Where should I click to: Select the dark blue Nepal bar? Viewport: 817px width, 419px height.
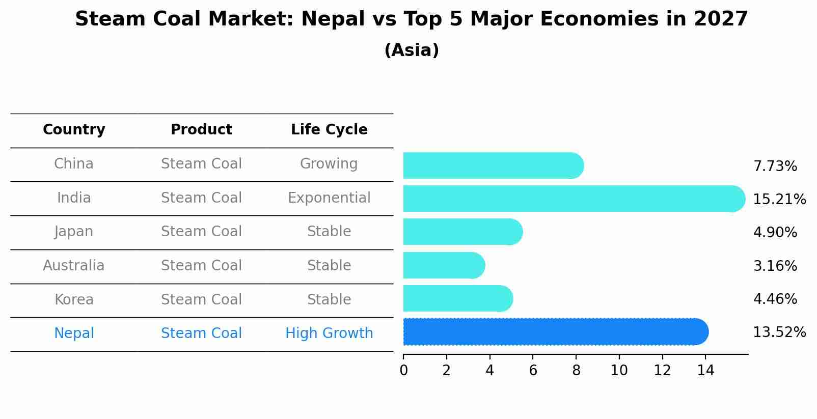[x=555, y=332]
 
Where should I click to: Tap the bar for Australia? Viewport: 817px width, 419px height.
[x=444, y=265]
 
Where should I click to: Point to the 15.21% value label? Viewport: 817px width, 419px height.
[x=779, y=200]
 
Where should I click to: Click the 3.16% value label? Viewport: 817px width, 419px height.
[x=775, y=266]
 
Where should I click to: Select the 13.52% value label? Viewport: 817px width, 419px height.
[x=779, y=332]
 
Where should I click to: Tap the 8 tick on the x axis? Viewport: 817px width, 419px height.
[x=576, y=371]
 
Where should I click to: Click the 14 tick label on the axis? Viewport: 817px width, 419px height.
[x=705, y=371]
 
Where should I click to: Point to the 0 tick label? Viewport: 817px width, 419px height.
[x=404, y=371]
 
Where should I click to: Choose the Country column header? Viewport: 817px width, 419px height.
[x=74, y=130]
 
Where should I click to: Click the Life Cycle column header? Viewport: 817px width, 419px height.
[x=329, y=130]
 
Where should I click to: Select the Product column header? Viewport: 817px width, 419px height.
[x=201, y=130]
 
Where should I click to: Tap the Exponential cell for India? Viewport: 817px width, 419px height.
[x=329, y=198]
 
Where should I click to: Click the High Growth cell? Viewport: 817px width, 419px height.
[x=329, y=333]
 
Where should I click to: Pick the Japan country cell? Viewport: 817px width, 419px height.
[x=74, y=232]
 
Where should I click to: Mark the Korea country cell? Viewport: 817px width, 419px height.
[x=74, y=300]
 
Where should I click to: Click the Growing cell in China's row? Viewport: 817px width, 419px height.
[x=329, y=164]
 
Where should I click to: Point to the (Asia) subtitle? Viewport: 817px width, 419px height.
[x=412, y=50]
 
